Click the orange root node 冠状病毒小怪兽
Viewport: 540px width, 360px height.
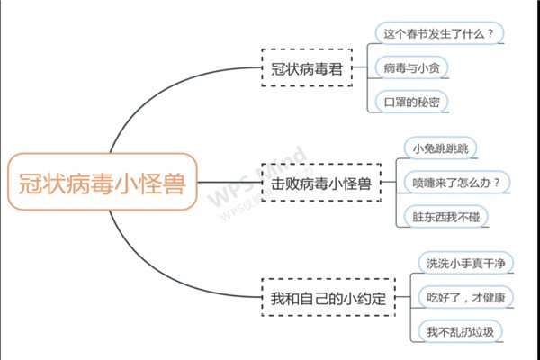(103, 182)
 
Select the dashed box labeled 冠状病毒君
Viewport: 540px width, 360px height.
(307, 67)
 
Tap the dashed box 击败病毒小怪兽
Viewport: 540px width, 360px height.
(321, 182)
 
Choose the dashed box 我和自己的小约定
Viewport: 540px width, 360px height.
(328, 297)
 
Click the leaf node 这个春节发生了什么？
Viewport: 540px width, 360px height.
(439, 33)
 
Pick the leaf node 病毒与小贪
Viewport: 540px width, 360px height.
(412, 67)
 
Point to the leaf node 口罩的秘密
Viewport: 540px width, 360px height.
(412, 102)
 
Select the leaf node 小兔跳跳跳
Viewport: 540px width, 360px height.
(440, 148)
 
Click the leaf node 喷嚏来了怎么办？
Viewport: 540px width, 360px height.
(456, 182)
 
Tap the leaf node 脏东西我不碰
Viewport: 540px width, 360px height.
(446, 216)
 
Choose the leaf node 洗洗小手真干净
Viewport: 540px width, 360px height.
(466, 263)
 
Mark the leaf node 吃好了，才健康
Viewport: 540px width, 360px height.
(466, 297)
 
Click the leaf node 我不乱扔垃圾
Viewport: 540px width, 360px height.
(461, 331)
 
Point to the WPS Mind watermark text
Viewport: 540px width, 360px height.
(257, 176)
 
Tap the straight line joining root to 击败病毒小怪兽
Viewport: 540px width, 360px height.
(229, 182)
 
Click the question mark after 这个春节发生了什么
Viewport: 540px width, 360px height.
(490, 34)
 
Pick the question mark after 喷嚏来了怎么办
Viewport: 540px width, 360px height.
(496, 183)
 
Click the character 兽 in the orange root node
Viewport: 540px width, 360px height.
(174, 183)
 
